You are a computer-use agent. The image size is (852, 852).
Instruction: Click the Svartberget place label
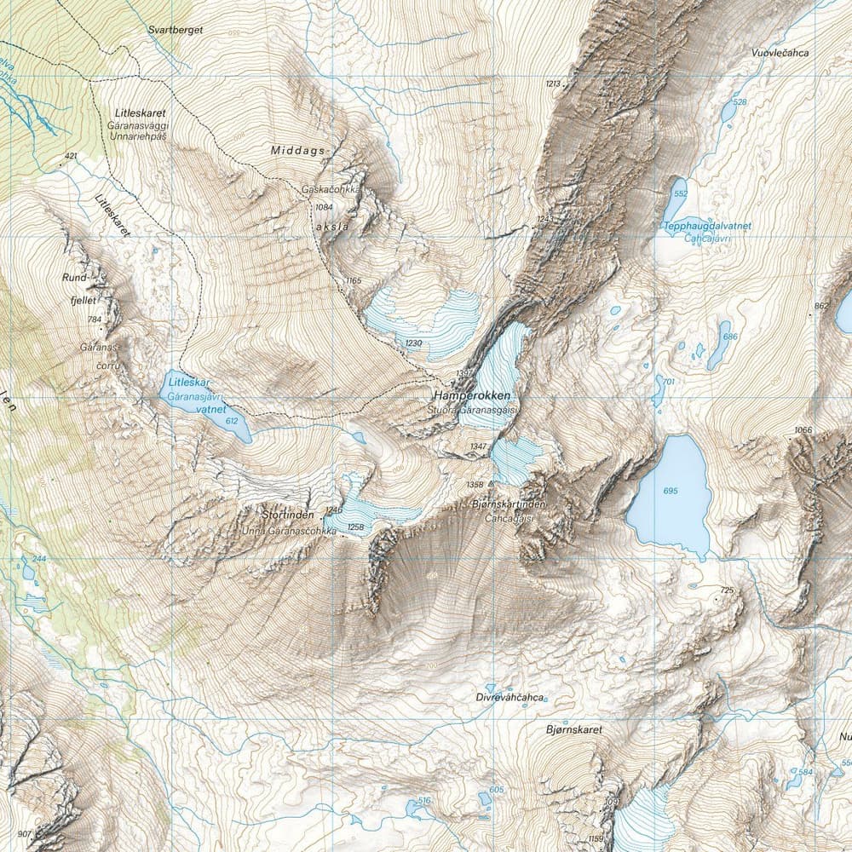(x=175, y=28)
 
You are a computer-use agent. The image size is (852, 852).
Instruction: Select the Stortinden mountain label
(x=288, y=515)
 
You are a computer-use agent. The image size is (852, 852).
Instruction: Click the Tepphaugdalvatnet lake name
(x=707, y=226)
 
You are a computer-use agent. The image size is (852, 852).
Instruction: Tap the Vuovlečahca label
(x=780, y=53)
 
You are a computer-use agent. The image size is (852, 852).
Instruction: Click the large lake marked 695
(x=670, y=495)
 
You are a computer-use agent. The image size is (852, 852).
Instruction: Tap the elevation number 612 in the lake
(x=232, y=421)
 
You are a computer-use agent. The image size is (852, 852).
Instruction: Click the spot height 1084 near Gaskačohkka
(x=323, y=207)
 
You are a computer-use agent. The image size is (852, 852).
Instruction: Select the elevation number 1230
(x=414, y=343)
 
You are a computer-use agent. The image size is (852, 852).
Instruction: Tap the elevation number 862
(x=821, y=306)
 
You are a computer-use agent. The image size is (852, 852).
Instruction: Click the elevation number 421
(x=70, y=157)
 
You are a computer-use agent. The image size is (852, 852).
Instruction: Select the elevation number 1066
(x=803, y=429)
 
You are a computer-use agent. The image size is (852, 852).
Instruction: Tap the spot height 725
(x=727, y=590)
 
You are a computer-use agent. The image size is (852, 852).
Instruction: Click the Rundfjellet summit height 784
(x=94, y=320)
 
